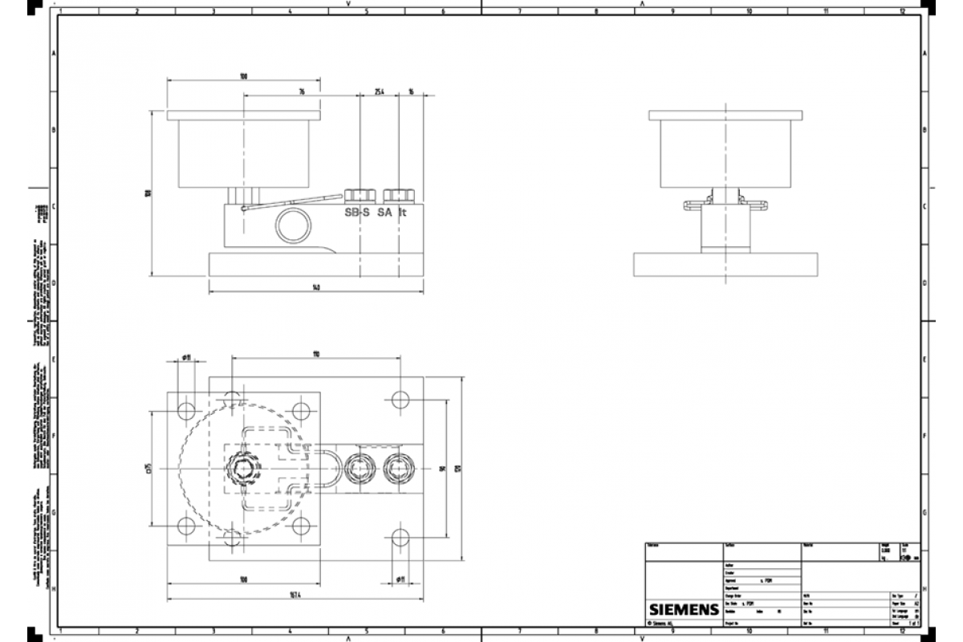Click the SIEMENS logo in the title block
pos(682,609)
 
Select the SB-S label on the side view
pos(357,213)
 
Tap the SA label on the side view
pos(384,213)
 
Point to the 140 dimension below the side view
pos(316,288)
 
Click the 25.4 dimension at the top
pos(380,92)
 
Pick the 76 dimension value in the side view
pos(302,92)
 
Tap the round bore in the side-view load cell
pos(293,226)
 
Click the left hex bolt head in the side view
pos(360,195)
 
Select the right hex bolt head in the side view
pos(399,195)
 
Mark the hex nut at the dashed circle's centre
pos(243,467)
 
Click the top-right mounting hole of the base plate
pos(400,399)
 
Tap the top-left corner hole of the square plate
pos(186,411)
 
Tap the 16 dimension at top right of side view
pos(411,92)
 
